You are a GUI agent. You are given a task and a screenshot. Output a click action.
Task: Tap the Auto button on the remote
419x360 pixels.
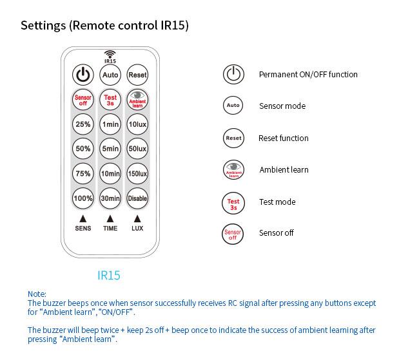point(110,75)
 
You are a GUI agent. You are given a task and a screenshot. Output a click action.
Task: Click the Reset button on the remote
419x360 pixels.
point(137,75)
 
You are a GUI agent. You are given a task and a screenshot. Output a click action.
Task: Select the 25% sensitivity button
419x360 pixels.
point(83,124)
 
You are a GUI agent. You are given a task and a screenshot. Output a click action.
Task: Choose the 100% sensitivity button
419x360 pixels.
point(83,198)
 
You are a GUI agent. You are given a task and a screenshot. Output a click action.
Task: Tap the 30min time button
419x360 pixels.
point(110,198)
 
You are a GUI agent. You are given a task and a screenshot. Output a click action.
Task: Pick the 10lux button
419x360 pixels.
point(137,124)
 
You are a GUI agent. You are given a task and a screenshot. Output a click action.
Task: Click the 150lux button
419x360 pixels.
point(137,174)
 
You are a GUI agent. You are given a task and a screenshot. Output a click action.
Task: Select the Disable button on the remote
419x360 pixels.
point(137,198)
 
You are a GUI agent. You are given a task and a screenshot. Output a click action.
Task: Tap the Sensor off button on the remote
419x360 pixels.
point(83,100)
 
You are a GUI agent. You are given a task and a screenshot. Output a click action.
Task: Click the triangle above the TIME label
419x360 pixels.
point(110,219)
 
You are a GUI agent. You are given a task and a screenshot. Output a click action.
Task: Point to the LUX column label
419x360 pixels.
point(137,229)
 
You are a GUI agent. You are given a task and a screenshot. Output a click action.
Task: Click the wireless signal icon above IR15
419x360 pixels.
point(110,54)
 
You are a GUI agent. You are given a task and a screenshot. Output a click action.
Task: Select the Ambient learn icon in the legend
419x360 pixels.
point(233,169)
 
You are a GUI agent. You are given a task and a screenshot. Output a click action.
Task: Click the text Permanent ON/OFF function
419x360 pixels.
point(308,75)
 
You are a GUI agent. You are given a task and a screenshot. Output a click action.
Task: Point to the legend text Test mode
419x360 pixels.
point(277,202)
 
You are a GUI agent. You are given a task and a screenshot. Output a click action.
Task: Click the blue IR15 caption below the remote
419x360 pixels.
point(109,276)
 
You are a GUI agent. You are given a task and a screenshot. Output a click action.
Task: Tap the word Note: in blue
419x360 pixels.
point(37,294)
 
